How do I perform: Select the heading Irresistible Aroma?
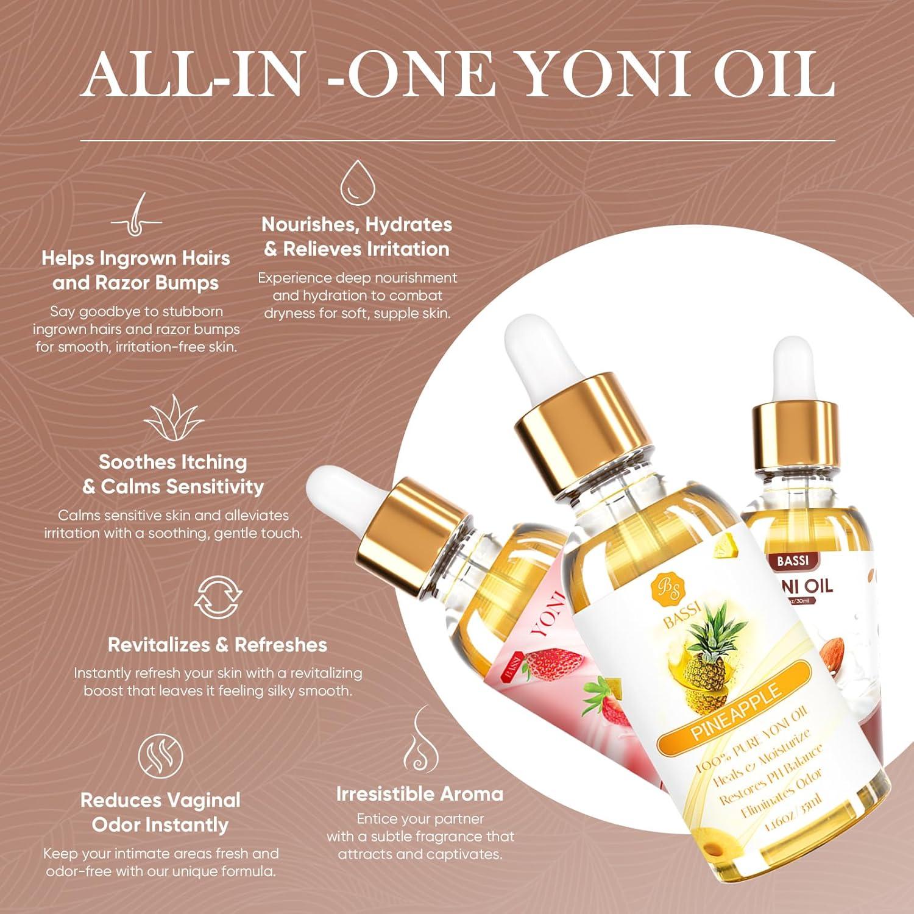pyautogui.click(x=420, y=794)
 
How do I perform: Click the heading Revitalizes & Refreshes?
pyautogui.click(x=218, y=645)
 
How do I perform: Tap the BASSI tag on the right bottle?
pyautogui.click(x=792, y=560)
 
